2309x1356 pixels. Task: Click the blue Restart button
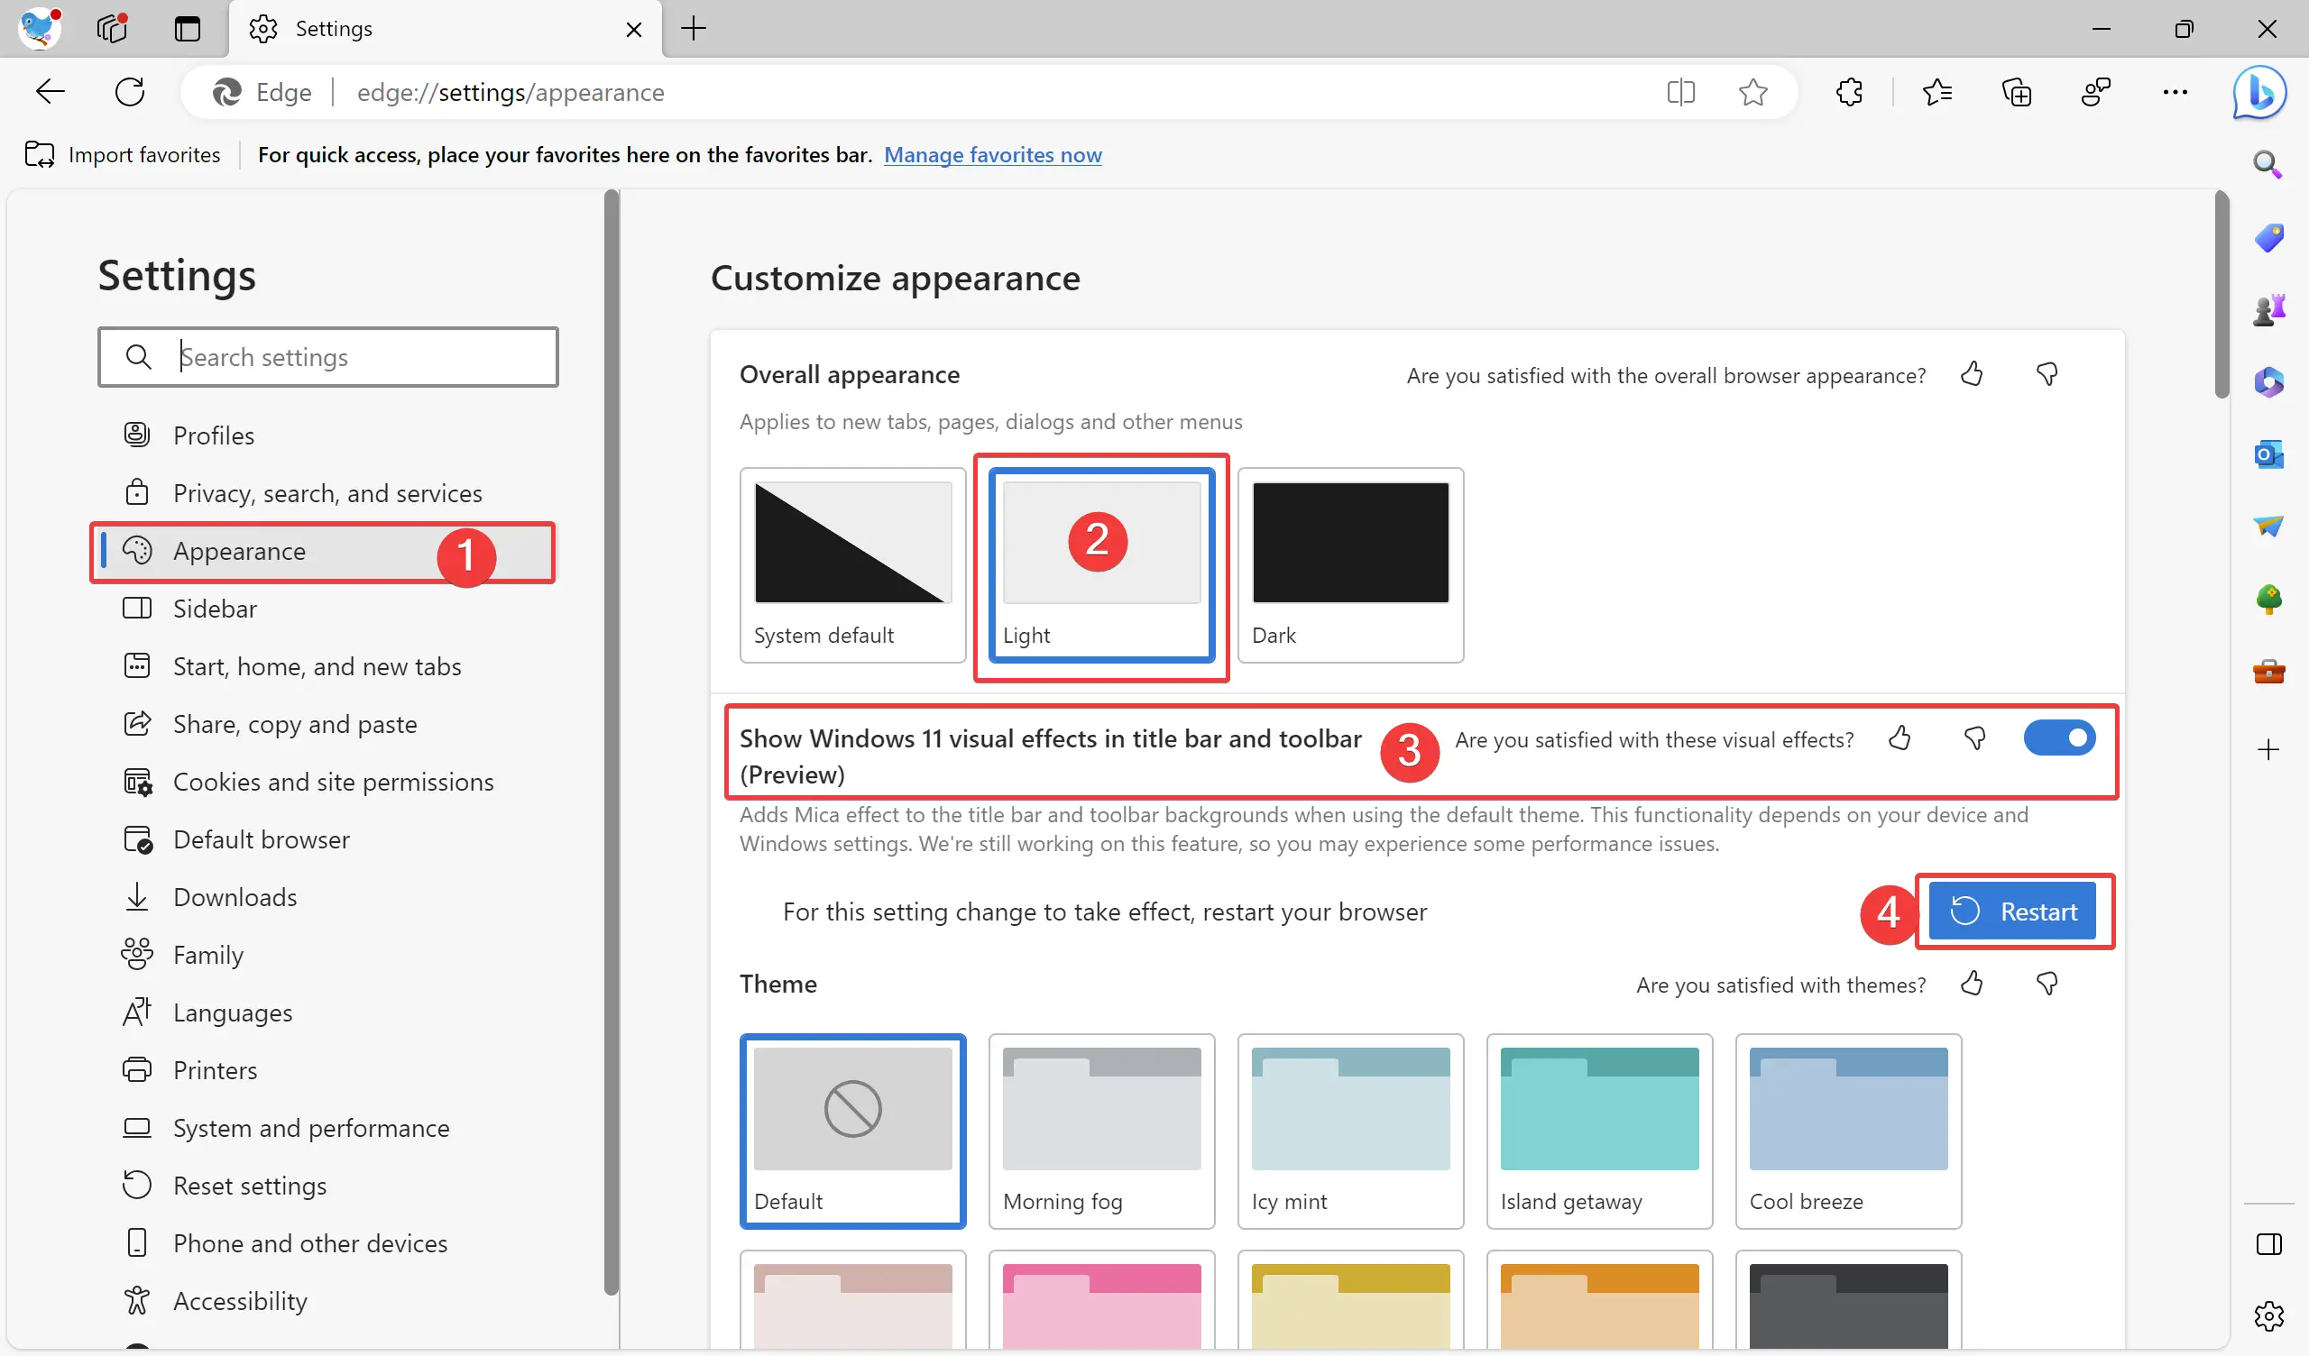tap(2012, 912)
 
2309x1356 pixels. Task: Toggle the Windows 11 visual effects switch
tap(2058, 738)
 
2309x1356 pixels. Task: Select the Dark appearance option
tap(1349, 564)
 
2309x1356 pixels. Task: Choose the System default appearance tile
tap(852, 564)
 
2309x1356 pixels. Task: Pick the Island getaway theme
tap(1598, 1130)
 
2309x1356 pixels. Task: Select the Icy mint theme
tap(1349, 1130)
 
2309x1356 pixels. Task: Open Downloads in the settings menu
tap(235, 897)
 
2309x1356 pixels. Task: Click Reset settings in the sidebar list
tap(249, 1186)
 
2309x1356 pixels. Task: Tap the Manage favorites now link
tap(992, 155)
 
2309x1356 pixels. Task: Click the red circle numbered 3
tap(1409, 751)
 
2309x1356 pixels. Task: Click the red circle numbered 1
tap(466, 556)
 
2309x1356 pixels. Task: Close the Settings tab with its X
tap(633, 30)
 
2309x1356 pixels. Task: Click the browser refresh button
tap(130, 92)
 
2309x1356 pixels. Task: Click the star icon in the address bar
tap(1752, 92)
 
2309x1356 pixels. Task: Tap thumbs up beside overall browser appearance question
tap(1972, 374)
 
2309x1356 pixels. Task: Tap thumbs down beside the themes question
tap(2046, 984)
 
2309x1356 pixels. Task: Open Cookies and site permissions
tap(333, 782)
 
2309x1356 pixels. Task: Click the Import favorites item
tap(123, 155)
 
